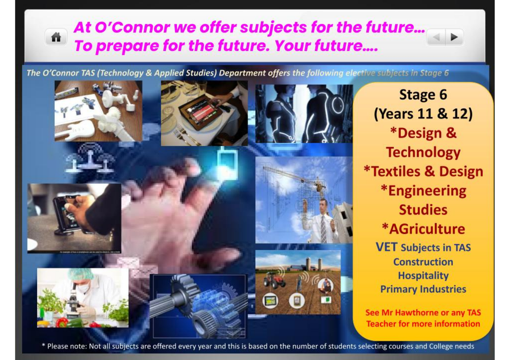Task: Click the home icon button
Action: [56, 37]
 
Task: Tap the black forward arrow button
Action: [454, 37]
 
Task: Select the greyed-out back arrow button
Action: [436, 37]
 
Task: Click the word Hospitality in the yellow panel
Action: [423, 276]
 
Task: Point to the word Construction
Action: [423, 262]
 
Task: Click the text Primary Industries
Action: [423, 289]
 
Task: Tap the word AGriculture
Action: [427, 228]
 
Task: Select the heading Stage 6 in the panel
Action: [423, 95]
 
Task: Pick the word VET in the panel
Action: [386, 247]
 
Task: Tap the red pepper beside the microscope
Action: [62, 322]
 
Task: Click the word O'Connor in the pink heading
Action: [132, 28]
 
